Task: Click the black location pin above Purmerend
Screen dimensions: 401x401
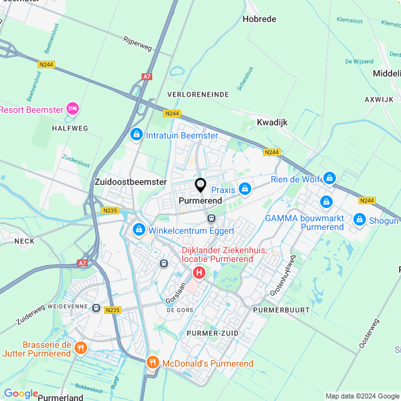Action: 200,185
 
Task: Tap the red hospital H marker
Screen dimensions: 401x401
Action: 199,273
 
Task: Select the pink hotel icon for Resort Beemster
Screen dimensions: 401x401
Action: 73,110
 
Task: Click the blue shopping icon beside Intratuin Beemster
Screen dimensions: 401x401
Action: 136,135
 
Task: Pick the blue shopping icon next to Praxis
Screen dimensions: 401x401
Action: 245,189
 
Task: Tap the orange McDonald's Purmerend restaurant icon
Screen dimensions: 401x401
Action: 153,363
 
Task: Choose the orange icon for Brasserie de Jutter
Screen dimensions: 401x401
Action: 80,348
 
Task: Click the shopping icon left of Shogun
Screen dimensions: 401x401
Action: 360,220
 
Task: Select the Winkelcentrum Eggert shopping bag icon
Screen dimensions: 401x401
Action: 138,231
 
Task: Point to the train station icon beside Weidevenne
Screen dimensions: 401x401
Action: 96,308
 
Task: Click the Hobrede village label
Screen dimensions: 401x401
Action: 259,19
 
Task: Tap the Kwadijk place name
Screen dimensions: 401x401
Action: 272,122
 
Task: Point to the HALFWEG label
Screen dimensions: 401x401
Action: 70,128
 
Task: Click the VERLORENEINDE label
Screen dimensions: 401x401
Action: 198,94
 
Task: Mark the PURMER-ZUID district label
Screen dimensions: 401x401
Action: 212,333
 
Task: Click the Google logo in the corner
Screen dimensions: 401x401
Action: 21,393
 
